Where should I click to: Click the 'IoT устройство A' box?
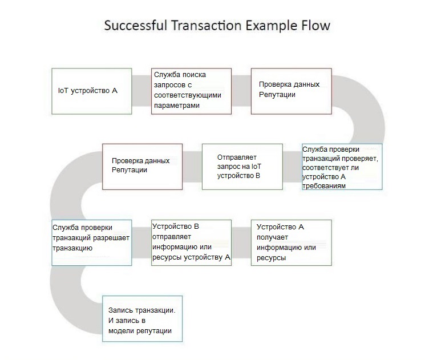pos(92,91)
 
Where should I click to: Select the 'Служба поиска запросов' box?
pos(191,91)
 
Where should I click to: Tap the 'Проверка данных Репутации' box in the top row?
pos(292,91)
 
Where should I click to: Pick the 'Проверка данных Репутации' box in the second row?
pos(142,167)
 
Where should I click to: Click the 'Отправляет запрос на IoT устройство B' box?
pos(242,167)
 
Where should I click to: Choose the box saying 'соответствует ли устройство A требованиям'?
pos(342,167)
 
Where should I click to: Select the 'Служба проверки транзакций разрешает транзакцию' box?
pos(92,242)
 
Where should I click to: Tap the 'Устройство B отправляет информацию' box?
pos(191,242)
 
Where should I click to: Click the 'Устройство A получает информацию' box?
pos(292,242)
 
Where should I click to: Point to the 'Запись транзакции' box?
pos(142,318)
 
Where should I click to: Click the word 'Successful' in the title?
pos(136,26)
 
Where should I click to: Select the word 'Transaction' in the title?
pos(207,26)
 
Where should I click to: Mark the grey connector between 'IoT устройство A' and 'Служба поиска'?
pos(141,91)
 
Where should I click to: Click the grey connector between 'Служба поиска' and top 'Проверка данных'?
pos(241,91)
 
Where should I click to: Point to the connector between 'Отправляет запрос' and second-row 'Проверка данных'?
pos(192,167)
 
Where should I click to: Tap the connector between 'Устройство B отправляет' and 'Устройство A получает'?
pos(241,242)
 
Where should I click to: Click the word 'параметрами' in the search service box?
pos(177,106)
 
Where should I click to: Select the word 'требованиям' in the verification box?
pos(324,186)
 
